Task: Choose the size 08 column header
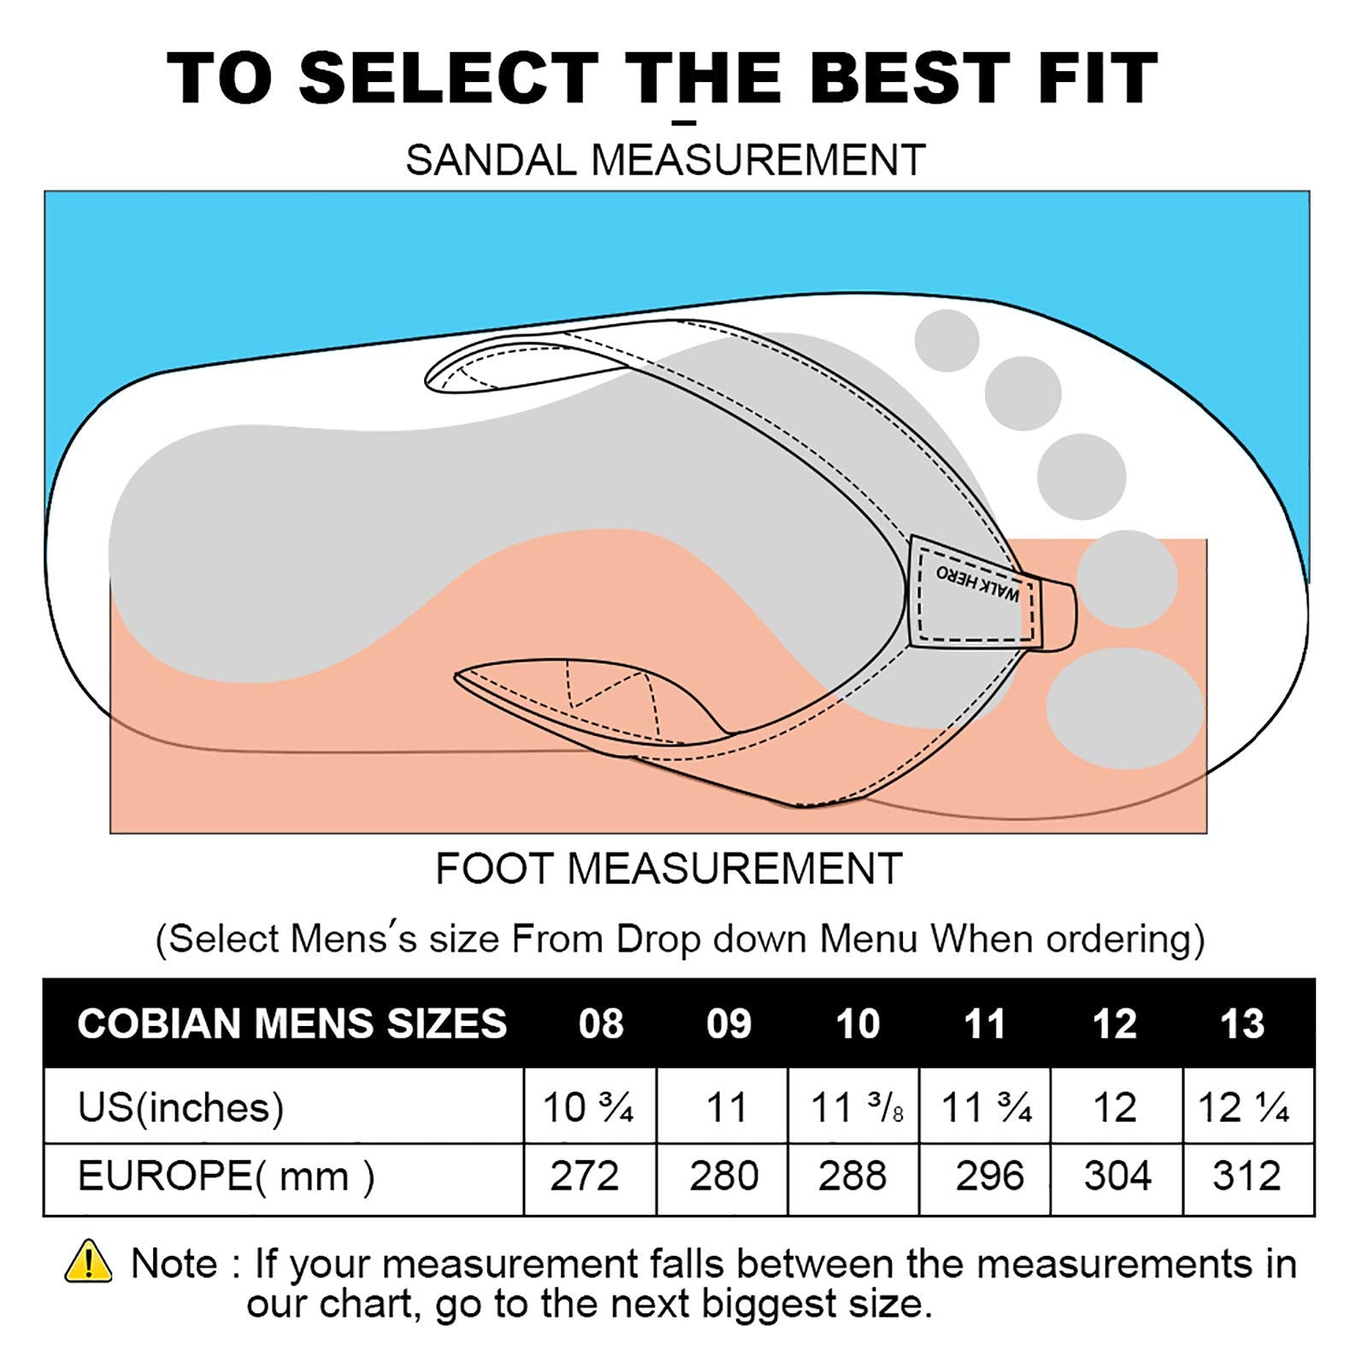601,1023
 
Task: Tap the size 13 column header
1242,1023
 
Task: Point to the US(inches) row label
180,1107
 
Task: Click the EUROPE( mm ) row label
226,1176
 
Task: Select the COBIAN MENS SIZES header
292,1023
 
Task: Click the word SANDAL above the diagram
492,160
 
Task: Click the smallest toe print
946,340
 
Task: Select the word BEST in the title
910,78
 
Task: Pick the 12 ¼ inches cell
1244,1107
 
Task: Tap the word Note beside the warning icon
174,1263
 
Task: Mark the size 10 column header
858,1023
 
